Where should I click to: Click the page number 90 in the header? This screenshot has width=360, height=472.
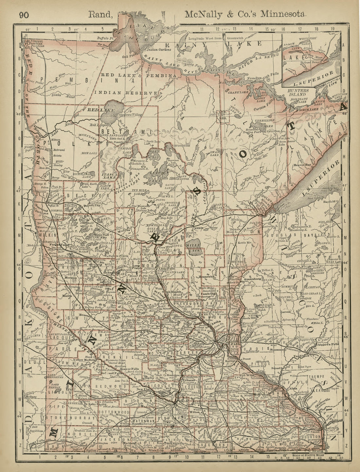(x=24, y=15)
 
